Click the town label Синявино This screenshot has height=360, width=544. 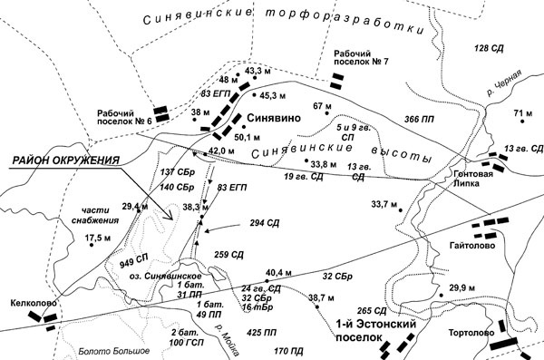[276, 119]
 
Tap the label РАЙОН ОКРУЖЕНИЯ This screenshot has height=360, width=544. [65, 161]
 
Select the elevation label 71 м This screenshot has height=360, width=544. [523, 113]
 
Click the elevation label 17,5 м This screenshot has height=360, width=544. [97, 238]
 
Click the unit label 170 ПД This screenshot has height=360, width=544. [287, 349]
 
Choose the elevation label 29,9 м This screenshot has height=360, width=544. [462, 287]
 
